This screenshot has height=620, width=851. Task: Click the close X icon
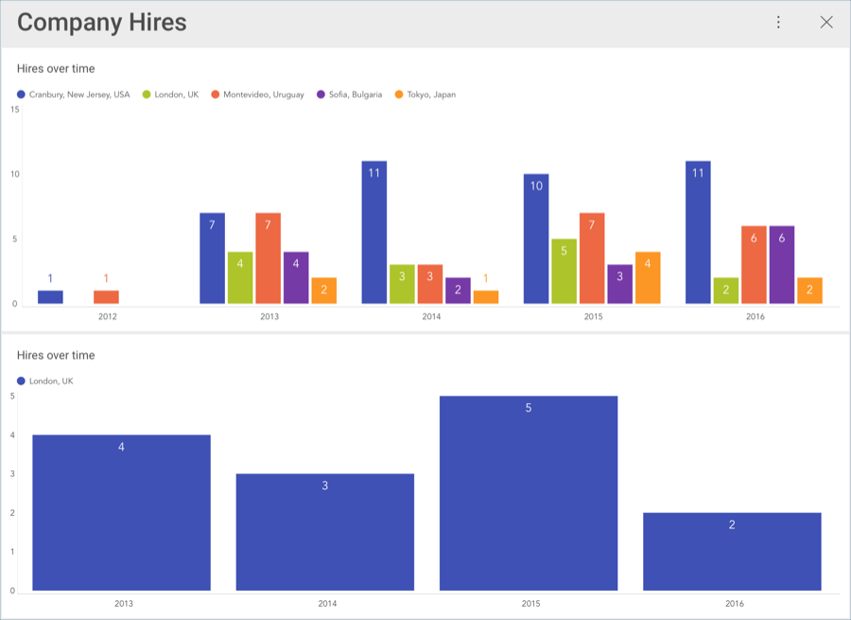click(826, 23)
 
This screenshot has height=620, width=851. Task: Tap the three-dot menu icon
click(778, 23)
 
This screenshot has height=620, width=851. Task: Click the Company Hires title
click(102, 23)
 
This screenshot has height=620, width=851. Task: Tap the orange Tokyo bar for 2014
click(486, 297)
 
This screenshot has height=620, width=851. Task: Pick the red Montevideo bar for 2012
click(106, 297)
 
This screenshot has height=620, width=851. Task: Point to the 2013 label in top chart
click(269, 316)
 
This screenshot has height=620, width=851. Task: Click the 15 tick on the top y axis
click(14, 110)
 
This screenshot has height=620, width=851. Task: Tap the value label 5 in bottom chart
click(529, 408)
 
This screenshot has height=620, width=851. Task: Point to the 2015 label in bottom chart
click(529, 603)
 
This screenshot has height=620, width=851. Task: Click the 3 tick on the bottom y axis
click(12, 474)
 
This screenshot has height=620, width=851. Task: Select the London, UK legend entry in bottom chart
click(50, 381)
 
